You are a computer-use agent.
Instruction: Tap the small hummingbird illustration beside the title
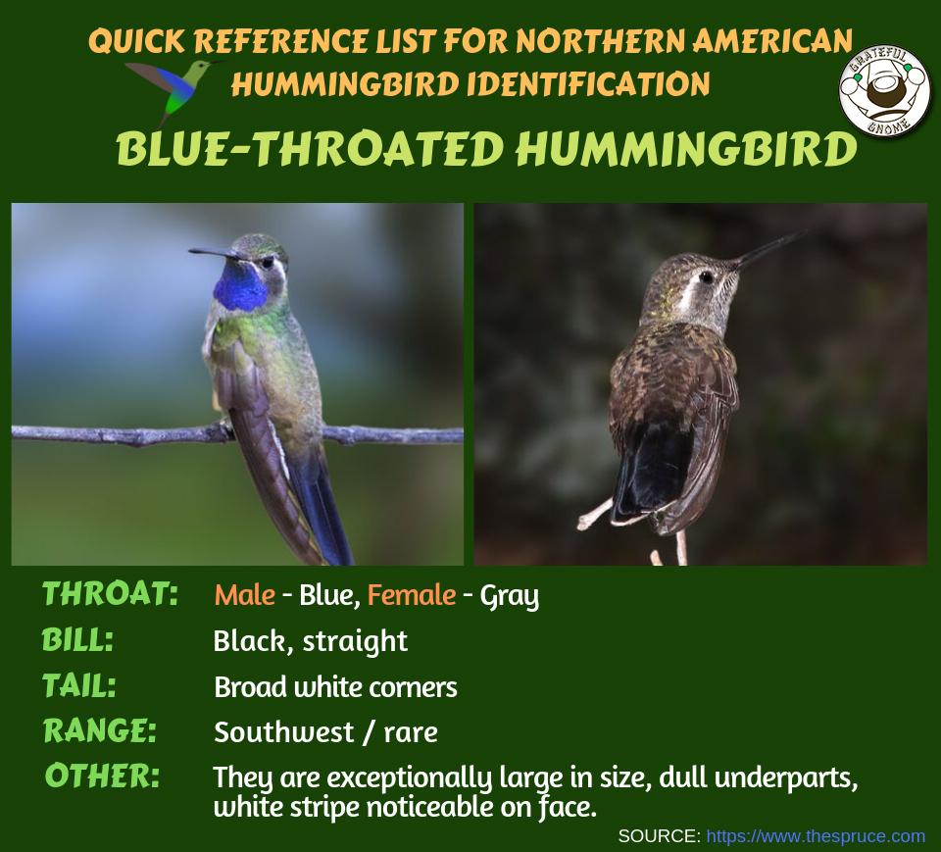(174, 86)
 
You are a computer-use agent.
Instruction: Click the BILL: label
(78, 640)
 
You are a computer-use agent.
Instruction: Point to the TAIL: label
(79, 685)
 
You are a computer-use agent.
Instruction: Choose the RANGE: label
(99, 730)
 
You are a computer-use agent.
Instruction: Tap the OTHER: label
(102, 776)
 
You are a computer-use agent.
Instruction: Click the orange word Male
(244, 595)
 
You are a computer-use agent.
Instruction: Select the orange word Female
(412, 595)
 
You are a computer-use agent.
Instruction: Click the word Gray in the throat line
(509, 596)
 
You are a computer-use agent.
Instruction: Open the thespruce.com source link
(815, 836)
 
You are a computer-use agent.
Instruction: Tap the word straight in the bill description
(355, 641)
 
